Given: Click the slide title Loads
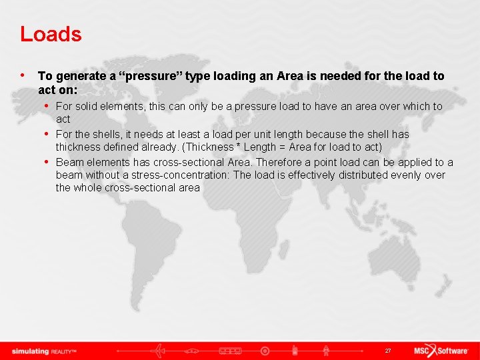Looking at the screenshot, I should tap(51, 34).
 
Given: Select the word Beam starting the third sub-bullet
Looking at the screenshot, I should tap(69, 162).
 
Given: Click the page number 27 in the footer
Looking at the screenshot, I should tap(388, 351).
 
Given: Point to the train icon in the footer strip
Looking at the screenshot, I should tap(230, 351).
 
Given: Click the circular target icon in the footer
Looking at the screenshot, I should tap(265, 351).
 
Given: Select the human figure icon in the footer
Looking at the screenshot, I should tap(326, 351).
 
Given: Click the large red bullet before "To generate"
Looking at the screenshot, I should tap(23, 75).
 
